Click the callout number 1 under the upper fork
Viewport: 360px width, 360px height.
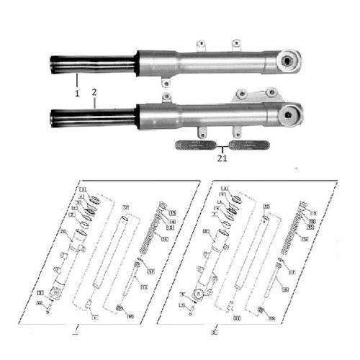[75, 94]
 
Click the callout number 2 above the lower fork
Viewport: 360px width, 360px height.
[94, 94]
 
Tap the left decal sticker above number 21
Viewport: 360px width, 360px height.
[196, 144]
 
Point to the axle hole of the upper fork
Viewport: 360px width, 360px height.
[291, 61]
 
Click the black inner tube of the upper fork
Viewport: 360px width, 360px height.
[92, 65]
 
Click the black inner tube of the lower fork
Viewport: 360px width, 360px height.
[92, 117]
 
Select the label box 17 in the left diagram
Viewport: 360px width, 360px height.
[151, 271]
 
